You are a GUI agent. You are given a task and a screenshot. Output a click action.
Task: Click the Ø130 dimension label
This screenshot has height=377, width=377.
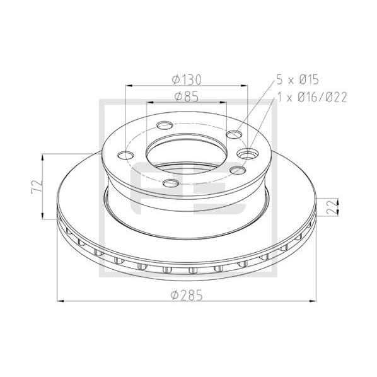click(x=187, y=80)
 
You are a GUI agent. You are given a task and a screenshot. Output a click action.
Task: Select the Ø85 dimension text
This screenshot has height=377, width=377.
click(x=187, y=96)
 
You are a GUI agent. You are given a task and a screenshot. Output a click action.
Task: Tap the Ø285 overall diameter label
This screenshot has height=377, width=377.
click(x=187, y=295)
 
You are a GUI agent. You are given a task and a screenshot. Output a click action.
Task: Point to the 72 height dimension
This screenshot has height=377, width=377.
click(x=37, y=187)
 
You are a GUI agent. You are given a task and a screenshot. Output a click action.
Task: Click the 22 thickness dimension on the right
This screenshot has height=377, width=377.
click(x=332, y=207)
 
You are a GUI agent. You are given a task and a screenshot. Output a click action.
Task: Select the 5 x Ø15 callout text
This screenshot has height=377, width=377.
click(x=298, y=80)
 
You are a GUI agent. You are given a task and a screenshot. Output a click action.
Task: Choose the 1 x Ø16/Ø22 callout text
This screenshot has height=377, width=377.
click(x=312, y=97)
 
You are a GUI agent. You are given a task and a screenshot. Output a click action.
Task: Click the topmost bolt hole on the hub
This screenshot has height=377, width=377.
click(x=165, y=125)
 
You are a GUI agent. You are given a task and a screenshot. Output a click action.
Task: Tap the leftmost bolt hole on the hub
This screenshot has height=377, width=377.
click(x=125, y=155)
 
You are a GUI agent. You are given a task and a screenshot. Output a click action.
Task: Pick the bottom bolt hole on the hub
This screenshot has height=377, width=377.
click(x=171, y=183)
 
